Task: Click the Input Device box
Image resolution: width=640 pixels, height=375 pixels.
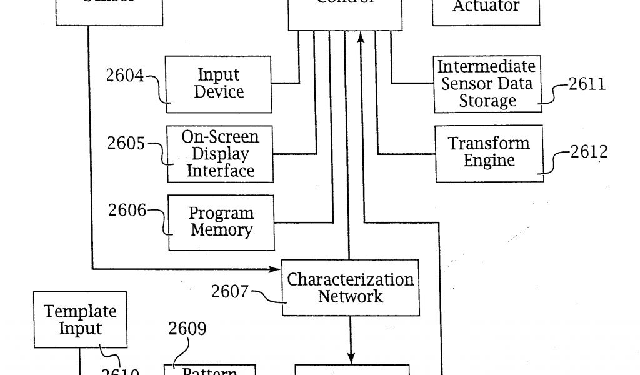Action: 219,84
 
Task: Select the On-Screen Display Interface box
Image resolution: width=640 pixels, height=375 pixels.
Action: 220,154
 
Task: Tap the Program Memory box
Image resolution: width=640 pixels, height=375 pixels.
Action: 221,222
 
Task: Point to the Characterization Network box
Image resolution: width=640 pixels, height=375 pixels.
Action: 350,287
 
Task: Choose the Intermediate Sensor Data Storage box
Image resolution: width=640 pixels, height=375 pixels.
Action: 487,84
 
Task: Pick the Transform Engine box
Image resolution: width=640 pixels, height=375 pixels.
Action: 489,152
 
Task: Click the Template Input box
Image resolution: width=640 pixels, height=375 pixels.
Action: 80,319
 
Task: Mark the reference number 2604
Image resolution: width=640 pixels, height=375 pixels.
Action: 124,76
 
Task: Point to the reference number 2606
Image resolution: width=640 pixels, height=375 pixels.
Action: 127,211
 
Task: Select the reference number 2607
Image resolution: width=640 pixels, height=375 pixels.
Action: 230,291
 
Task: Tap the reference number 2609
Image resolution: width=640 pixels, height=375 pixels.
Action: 187,329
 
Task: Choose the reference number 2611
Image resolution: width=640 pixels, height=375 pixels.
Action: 587,84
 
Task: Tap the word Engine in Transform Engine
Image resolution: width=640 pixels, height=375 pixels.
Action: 489,161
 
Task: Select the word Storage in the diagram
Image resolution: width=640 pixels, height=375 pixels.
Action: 487,101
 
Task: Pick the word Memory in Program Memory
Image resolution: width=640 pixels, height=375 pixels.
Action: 221,231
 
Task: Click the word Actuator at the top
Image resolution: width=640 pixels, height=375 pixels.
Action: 486,7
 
